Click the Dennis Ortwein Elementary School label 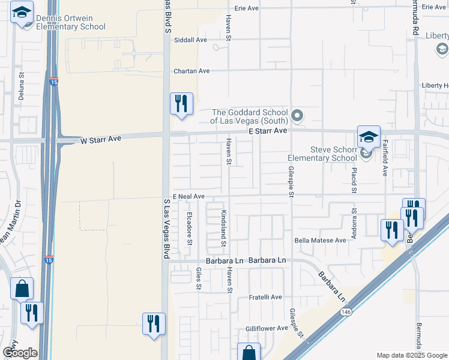click(x=70, y=22)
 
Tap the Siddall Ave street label click(x=190, y=40)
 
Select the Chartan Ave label click(x=191, y=71)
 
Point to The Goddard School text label click(x=250, y=116)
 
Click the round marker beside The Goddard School click(x=297, y=115)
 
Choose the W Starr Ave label click(x=101, y=139)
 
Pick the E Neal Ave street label click(x=188, y=196)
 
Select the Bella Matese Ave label click(x=320, y=240)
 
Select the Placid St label click(x=354, y=181)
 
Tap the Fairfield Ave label click(x=385, y=158)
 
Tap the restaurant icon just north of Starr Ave click(x=181, y=104)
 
